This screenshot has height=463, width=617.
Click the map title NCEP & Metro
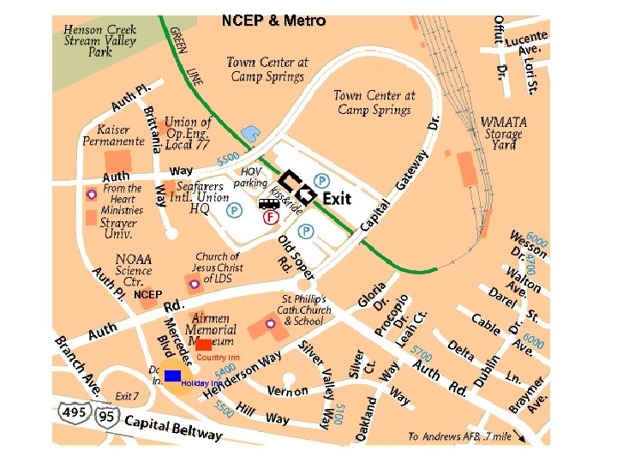[x=273, y=21]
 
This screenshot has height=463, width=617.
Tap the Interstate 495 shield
[x=74, y=415]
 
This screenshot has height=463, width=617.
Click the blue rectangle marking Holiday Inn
[x=173, y=376]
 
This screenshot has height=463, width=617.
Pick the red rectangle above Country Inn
[x=204, y=346]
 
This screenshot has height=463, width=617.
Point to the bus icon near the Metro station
[x=268, y=203]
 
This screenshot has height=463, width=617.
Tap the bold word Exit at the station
[x=337, y=198]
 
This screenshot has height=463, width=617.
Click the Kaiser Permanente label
[x=114, y=135]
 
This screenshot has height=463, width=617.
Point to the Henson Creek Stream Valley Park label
[x=99, y=40]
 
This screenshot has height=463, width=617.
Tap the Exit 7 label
[x=127, y=396]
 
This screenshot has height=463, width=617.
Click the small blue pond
[x=251, y=134]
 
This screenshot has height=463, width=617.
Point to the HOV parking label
[x=250, y=177]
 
